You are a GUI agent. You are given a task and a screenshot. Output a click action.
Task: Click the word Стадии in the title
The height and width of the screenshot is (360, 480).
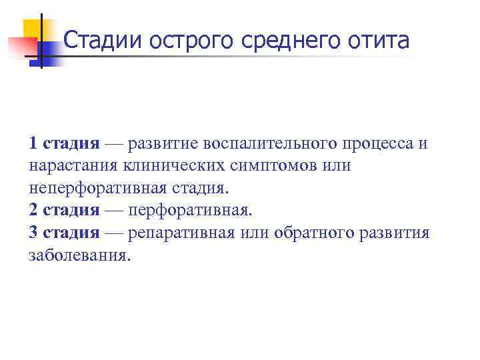tap(103, 42)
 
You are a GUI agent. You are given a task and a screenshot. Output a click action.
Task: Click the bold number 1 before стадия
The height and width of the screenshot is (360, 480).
tap(33, 143)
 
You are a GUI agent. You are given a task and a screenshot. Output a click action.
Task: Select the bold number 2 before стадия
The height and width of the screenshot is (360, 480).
tap(33, 211)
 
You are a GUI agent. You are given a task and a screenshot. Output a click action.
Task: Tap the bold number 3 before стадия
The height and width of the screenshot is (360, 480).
tap(33, 233)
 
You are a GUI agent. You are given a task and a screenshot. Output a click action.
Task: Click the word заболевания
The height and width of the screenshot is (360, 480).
tap(77, 256)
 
